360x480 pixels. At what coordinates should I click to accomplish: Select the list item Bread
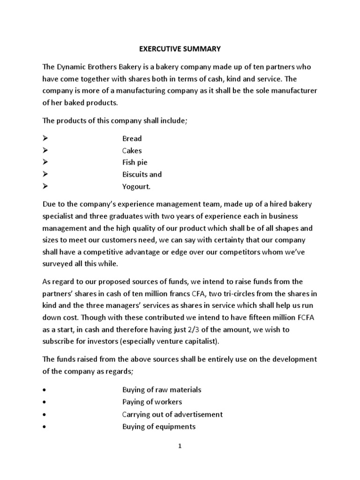(x=132, y=139)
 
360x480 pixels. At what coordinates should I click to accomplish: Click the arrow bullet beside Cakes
(x=45, y=151)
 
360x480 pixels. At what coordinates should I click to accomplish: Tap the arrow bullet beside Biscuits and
(x=45, y=175)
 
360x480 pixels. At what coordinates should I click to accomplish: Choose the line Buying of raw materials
(x=162, y=390)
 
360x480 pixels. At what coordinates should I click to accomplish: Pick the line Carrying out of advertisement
(x=172, y=414)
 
